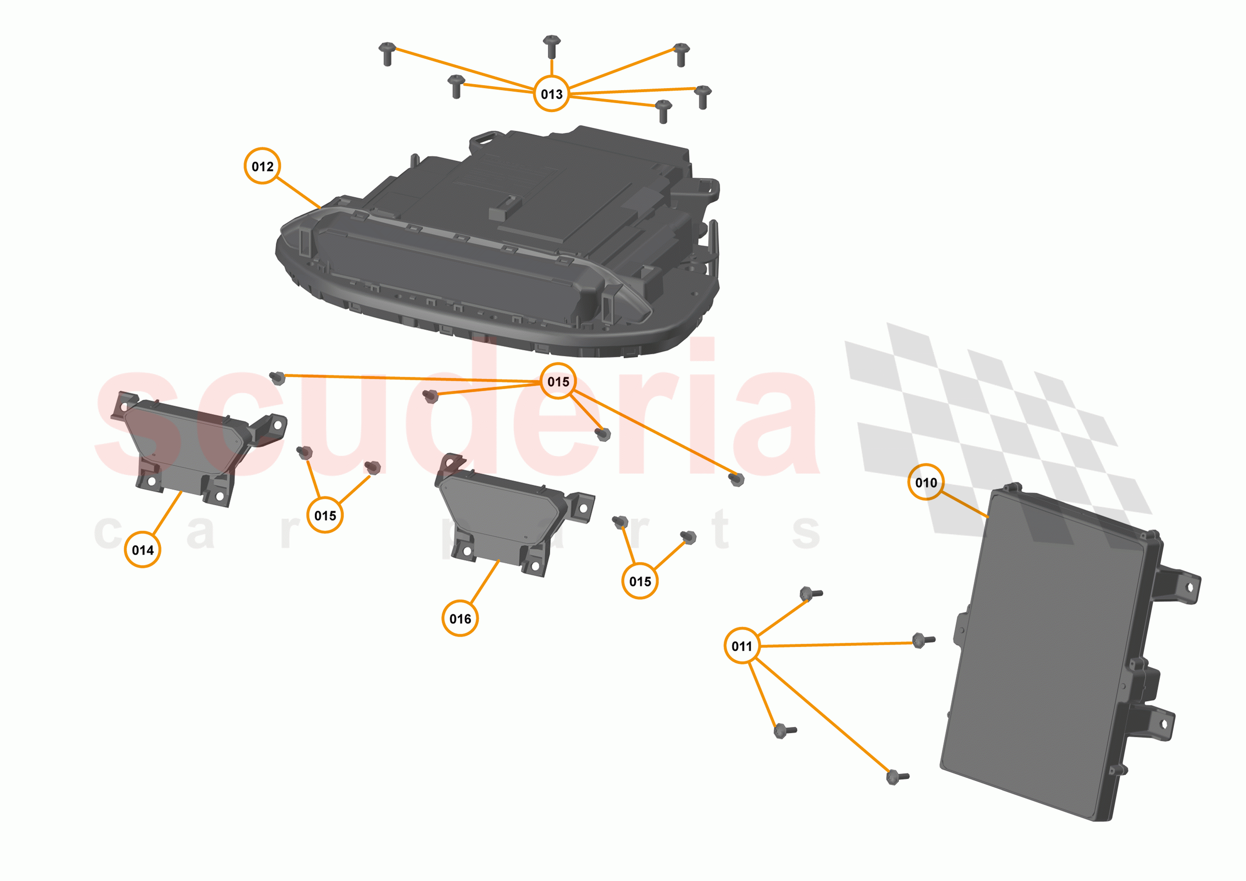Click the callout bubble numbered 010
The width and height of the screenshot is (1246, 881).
(x=926, y=482)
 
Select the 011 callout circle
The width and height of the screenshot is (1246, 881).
(x=742, y=646)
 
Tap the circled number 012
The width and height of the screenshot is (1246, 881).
(x=262, y=166)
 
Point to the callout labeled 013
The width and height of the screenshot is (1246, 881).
(x=551, y=94)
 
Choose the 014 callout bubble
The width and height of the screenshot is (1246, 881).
(x=142, y=550)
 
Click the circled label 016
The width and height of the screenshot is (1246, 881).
(x=460, y=618)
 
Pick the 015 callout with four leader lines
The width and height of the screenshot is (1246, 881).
(x=558, y=381)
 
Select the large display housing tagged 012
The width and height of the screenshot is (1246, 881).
(x=496, y=244)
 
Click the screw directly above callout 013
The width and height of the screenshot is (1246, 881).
(x=551, y=47)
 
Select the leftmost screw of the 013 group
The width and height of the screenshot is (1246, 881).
(x=387, y=54)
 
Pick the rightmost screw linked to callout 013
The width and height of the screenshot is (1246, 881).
(x=703, y=97)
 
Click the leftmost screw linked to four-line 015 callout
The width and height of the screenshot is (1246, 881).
(x=277, y=378)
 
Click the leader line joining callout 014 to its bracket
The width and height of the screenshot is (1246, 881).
(x=167, y=513)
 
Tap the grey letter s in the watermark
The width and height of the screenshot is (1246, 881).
(x=805, y=532)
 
